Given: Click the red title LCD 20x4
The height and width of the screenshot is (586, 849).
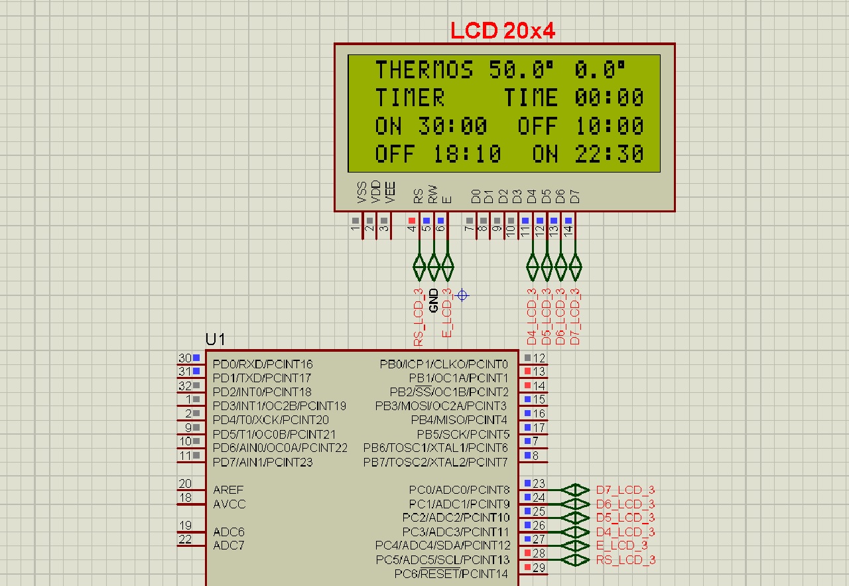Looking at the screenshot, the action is point(503,31).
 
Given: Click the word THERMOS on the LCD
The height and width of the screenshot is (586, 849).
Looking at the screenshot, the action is point(424,70).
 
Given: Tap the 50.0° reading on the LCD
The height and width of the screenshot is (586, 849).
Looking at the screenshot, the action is point(521,70).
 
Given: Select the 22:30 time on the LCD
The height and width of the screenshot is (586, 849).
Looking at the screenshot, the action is point(609,154).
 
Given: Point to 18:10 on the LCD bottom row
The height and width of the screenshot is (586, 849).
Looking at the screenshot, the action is point(467,154).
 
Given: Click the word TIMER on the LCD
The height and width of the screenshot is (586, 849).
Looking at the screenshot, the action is point(410,98).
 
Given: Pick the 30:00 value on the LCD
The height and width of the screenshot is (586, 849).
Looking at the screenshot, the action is point(452,126).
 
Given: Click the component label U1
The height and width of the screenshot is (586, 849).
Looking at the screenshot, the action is point(215,339).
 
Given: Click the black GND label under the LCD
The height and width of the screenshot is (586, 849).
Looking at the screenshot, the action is point(434,301).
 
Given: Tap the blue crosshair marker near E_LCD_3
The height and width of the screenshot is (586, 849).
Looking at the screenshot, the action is point(462,295).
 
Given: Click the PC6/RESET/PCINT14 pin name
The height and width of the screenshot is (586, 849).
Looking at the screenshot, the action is point(451,574).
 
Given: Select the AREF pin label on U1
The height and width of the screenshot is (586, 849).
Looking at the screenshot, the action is point(228,490).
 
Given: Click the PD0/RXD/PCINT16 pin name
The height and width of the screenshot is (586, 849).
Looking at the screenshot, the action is point(263,364).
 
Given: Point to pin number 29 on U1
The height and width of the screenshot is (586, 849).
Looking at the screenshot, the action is point(539,568).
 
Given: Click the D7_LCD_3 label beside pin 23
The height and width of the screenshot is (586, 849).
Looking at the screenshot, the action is point(625,490).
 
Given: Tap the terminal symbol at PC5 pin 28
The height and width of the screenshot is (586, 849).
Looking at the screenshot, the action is point(575,560).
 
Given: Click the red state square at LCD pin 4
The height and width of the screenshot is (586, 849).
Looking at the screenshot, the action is point(412,220).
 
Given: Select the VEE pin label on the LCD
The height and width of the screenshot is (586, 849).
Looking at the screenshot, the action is point(390,192).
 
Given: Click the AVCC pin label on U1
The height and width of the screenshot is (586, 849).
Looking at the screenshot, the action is point(229,504).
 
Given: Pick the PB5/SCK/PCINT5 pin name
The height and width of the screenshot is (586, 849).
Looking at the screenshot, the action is point(463,434).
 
